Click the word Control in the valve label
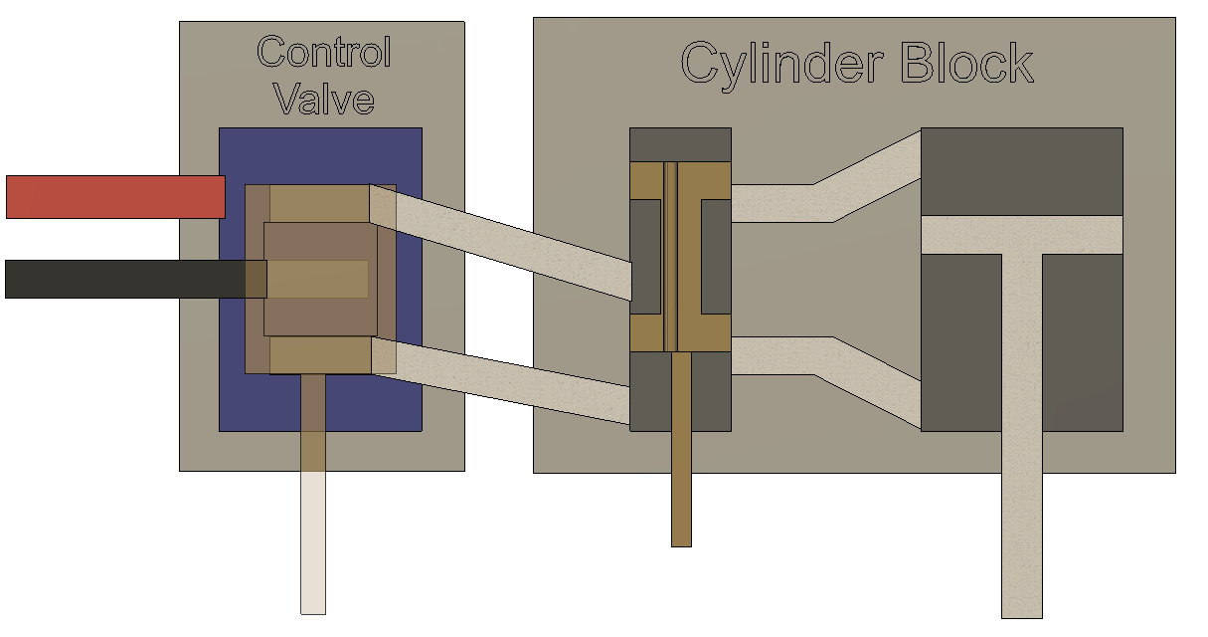click(x=324, y=53)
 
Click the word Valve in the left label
click(x=324, y=100)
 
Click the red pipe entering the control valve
click(x=114, y=196)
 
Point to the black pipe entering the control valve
click(x=124, y=279)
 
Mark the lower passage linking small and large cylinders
click(x=825, y=358)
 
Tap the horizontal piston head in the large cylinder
click(x=1022, y=234)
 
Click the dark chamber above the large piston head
click(x=1022, y=170)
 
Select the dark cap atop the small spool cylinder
click(x=680, y=143)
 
